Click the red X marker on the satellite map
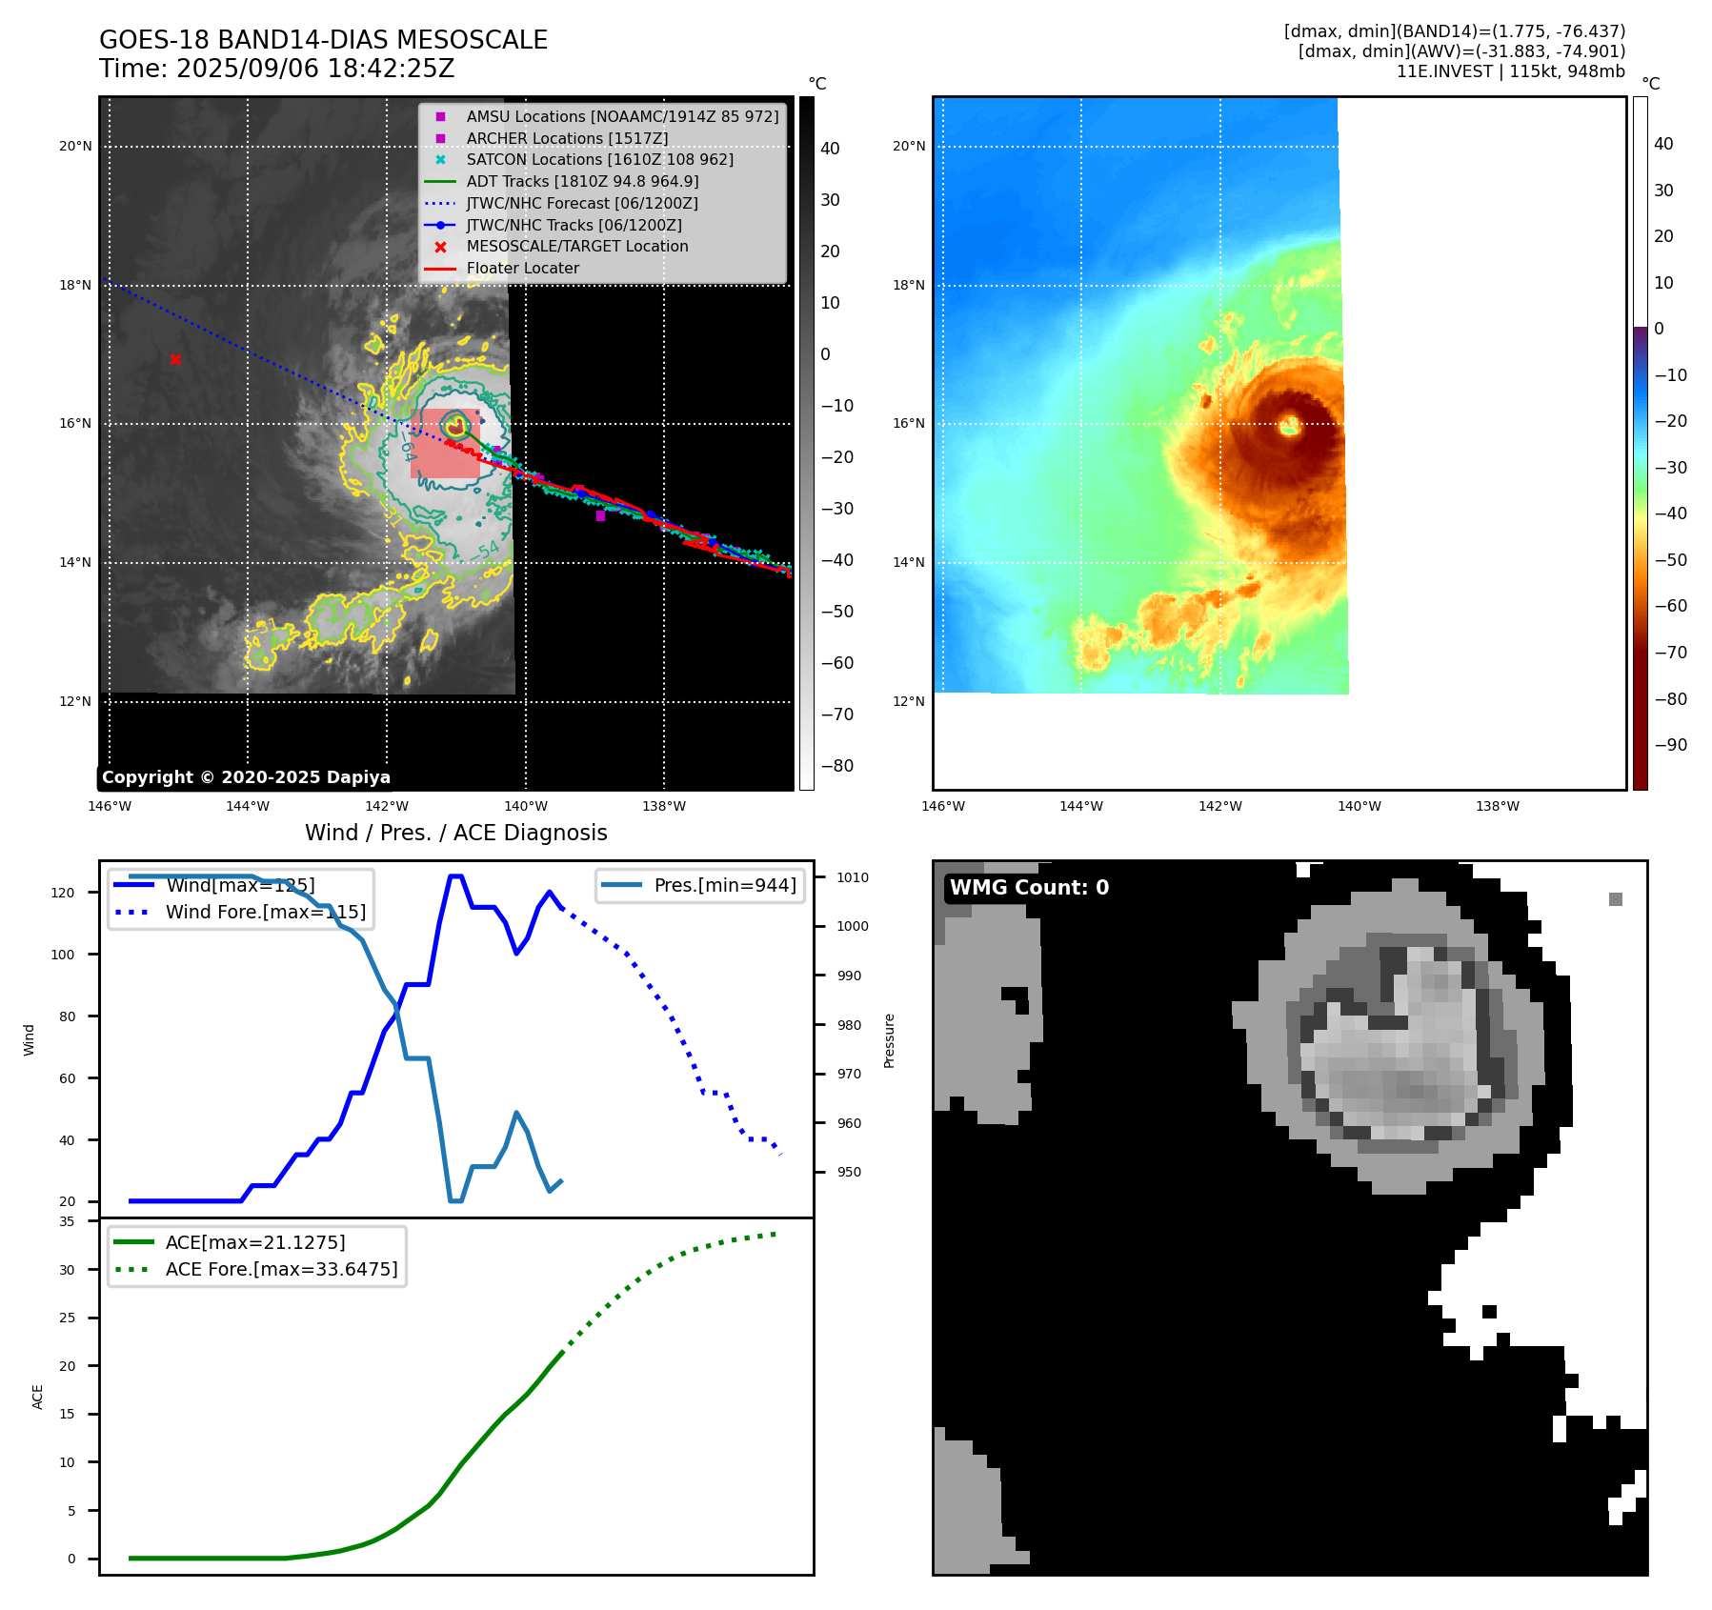[175, 359]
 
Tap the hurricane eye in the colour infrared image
[1290, 425]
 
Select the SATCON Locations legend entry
[599, 160]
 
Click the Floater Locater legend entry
[522, 269]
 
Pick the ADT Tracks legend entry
[582, 182]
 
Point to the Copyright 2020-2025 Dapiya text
[246, 777]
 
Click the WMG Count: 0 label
[1029, 888]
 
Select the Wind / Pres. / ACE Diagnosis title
[455, 833]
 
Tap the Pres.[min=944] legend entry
[724, 885]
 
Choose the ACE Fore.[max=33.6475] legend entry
[281, 1269]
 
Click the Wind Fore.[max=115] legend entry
[265, 912]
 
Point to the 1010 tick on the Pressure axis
[853, 877]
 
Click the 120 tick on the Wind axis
[63, 893]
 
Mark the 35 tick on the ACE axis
[67, 1221]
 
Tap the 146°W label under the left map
[110, 806]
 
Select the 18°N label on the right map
[909, 285]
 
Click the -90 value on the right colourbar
[1670, 745]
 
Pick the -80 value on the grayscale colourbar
[837, 766]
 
